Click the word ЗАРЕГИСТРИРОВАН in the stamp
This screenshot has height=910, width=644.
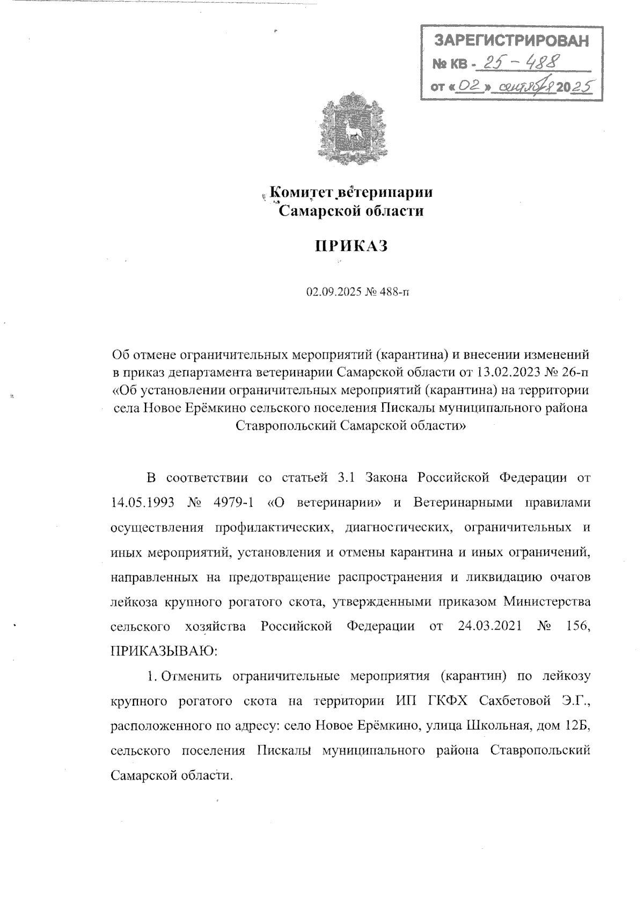click(510, 41)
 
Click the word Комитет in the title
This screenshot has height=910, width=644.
click(304, 192)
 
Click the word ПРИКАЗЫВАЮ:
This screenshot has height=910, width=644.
click(163, 652)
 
